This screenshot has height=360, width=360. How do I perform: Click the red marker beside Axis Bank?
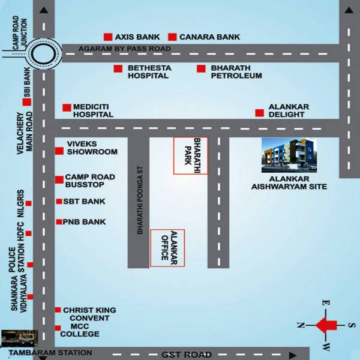[x=108, y=37]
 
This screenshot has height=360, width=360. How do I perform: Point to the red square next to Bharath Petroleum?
[x=201, y=68]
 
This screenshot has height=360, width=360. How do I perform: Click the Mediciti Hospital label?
[x=93, y=110]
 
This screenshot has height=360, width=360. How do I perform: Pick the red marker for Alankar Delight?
[x=259, y=113]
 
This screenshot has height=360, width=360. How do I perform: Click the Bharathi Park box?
[x=191, y=156]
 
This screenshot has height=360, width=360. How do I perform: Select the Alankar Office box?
[x=167, y=248]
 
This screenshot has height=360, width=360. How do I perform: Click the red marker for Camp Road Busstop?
[x=59, y=179]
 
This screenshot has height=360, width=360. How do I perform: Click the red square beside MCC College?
[x=58, y=328]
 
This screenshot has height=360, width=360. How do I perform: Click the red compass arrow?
[x=326, y=326]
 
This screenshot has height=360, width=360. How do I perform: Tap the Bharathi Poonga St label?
[x=139, y=201]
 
